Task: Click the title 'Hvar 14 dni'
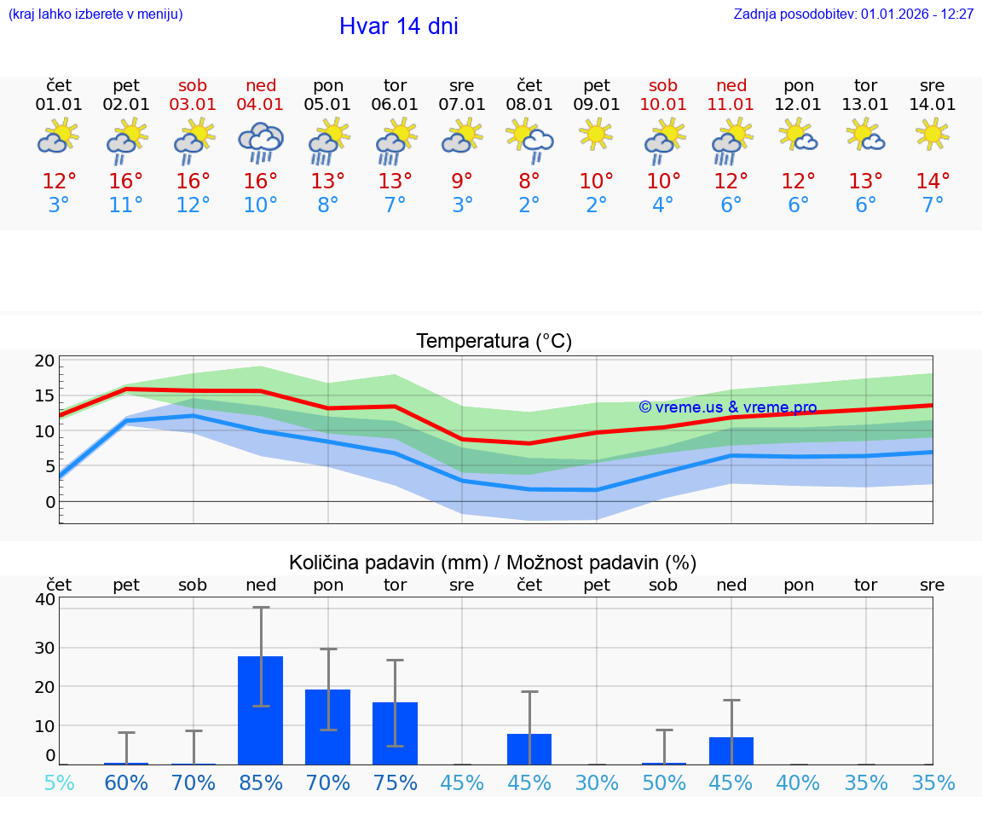coord(398,26)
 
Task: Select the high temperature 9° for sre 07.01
coord(462,182)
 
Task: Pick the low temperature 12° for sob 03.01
coord(194,205)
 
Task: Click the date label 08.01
coord(529,105)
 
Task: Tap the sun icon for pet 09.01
coord(597,134)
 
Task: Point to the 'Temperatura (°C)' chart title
coord(494,342)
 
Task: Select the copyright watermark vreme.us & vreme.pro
coord(727,407)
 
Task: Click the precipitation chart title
coord(493,563)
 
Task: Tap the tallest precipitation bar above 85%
coord(261,710)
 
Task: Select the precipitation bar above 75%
coord(395,733)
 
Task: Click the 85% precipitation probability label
coord(261,782)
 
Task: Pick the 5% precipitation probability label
coord(59,782)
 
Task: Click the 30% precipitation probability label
coord(597,782)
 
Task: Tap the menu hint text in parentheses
coord(95,14)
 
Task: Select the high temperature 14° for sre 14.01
coord(933,182)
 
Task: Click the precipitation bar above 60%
coord(126,763)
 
